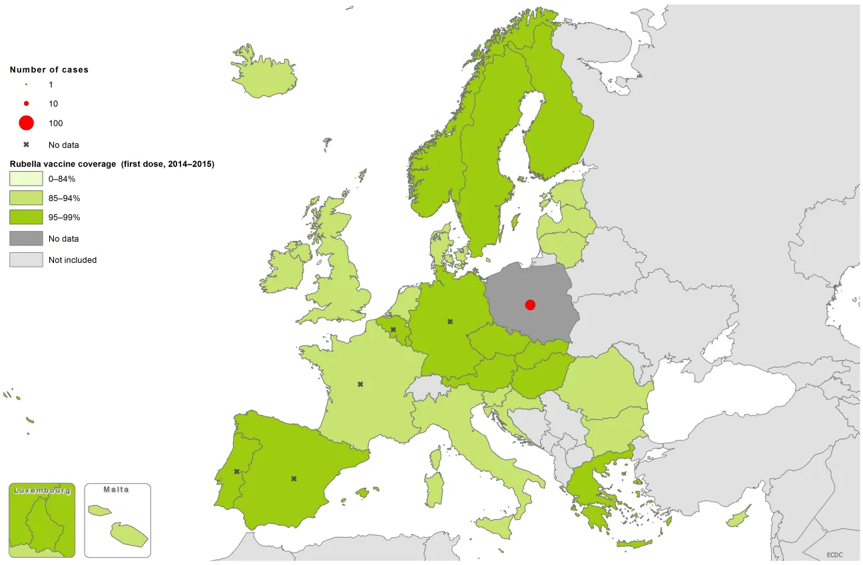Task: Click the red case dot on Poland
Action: pos(530,305)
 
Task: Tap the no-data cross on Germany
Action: pos(450,321)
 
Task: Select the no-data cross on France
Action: pos(360,384)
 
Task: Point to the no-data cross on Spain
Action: pos(294,478)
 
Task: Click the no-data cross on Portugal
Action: pos(236,471)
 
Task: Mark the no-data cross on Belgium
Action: pos(393,329)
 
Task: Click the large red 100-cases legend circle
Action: pos(26,123)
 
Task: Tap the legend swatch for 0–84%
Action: pos(26,178)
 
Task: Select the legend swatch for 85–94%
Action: pos(26,198)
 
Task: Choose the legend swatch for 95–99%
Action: pos(26,217)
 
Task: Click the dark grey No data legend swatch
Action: pos(26,238)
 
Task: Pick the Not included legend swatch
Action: pos(26,260)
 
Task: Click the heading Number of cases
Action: pos(49,70)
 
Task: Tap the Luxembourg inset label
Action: pos(42,490)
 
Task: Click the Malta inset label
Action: pos(117,490)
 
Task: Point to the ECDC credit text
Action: pos(835,554)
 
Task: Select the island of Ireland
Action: pos(284,270)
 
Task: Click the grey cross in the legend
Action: pos(26,144)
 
